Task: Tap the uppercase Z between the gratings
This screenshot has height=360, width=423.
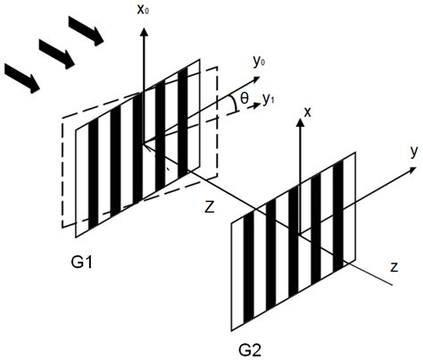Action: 211,206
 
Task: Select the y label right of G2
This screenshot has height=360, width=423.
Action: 414,152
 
